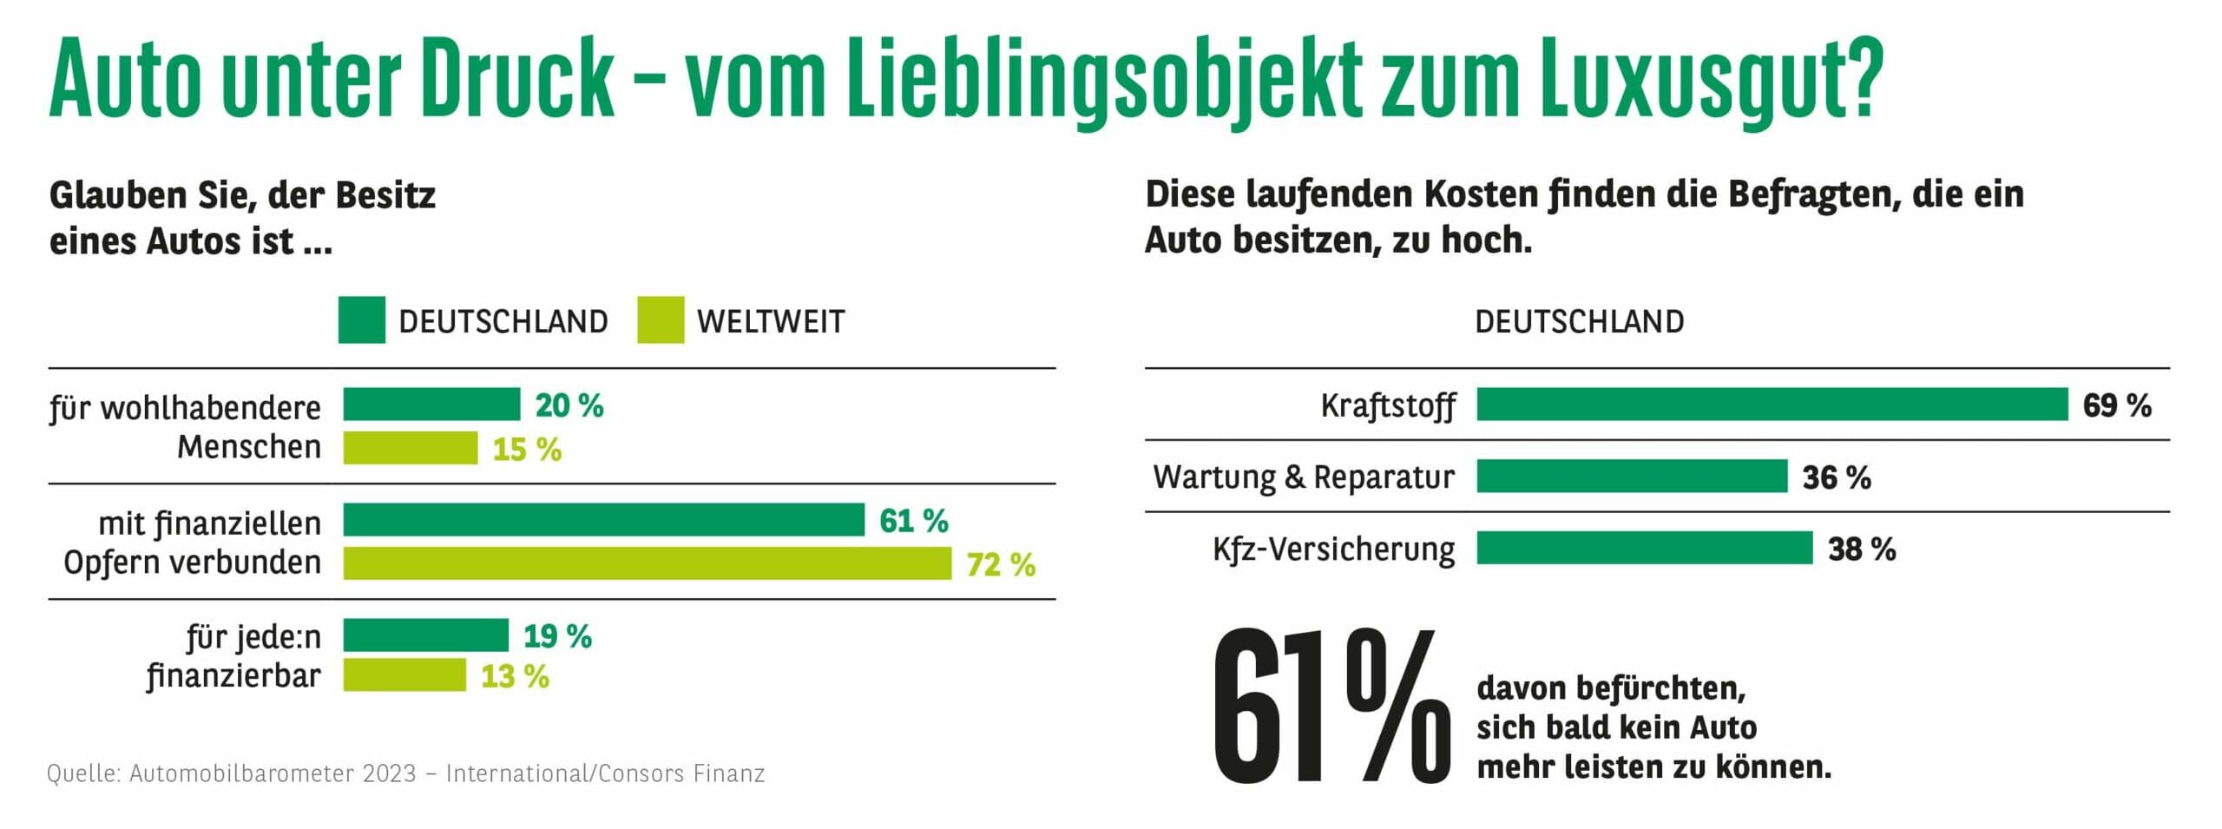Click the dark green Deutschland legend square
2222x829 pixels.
(x=361, y=320)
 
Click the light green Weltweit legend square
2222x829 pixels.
(x=660, y=320)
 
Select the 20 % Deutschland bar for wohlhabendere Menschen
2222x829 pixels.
(x=431, y=405)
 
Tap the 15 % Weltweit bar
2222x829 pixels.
(x=410, y=448)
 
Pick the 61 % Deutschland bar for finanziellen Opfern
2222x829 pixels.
(x=603, y=520)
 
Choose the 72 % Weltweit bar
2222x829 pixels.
(x=647, y=563)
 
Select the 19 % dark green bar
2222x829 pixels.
(x=425, y=635)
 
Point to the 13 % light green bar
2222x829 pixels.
(x=404, y=675)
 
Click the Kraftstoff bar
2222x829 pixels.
(x=1772, y=405)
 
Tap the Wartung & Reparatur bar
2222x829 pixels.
(x=1632, y=477)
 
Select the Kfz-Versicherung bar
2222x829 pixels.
(x=1644, y=549)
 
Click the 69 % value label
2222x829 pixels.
(x=2116, y=405)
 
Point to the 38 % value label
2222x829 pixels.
(x=1861, y=549)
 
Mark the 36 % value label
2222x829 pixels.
(x=1836, y=477)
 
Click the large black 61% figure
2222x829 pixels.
(x=1329, y=707)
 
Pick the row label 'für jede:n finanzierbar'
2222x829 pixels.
(x=234, y=656)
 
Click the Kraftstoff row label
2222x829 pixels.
(x=1387, y=405)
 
